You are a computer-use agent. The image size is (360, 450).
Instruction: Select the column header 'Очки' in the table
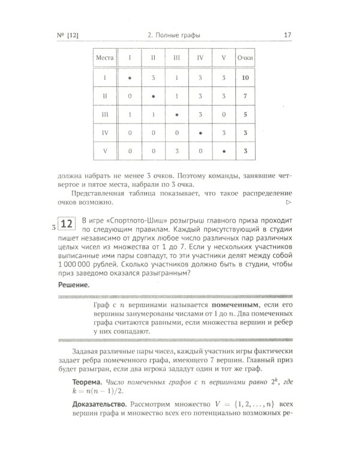pos(245,59)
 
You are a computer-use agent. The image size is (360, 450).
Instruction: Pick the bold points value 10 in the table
pos(245,77)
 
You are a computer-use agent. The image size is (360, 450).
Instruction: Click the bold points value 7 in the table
pos(245,95)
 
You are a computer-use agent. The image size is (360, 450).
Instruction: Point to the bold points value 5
pos(245,114)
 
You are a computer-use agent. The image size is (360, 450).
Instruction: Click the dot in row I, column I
pos(129,77)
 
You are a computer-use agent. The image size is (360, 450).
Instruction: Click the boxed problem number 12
pos(66,225)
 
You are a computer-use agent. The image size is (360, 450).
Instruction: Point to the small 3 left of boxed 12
pos(53,227)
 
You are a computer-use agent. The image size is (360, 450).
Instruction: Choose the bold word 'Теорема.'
pos(86,380)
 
